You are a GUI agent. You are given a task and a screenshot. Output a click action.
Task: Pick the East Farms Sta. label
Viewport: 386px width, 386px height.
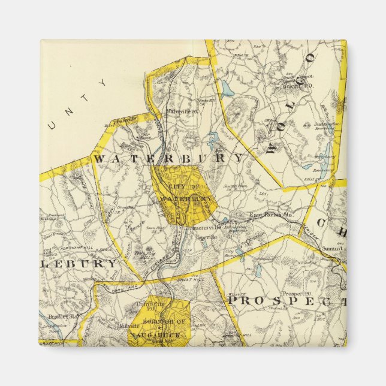(x=270, y=214)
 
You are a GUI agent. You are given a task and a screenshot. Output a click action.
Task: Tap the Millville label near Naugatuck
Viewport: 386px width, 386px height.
(x=129, y=326)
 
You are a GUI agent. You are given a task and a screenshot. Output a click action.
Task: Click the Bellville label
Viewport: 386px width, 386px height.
(x=126, y=119)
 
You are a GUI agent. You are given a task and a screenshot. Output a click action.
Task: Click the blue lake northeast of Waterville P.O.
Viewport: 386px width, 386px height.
(x=227, y=91)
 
